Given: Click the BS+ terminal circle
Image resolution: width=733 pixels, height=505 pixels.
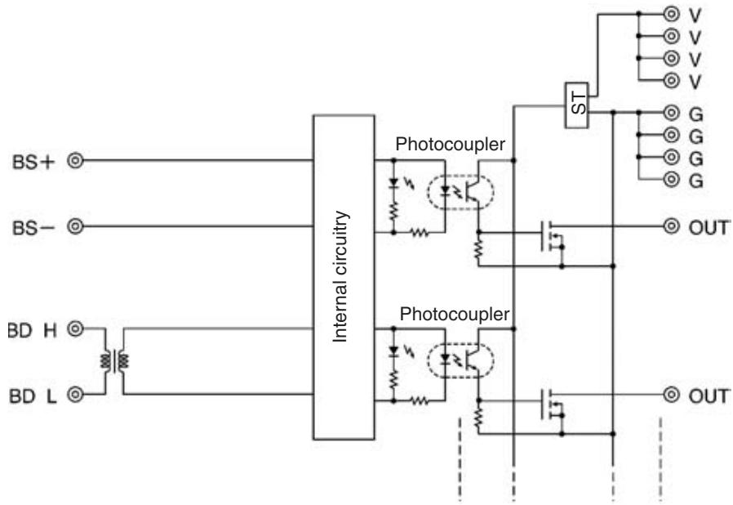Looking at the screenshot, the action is tap(75, 160).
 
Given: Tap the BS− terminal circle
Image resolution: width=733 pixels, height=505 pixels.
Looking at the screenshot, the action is tap(75, 226).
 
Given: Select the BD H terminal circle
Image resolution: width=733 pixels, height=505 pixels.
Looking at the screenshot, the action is tap(75, 329).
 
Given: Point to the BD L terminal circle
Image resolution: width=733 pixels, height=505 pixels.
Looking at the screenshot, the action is tap(75, 395).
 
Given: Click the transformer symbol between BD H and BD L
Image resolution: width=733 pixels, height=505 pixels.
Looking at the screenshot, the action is tap(114, 361).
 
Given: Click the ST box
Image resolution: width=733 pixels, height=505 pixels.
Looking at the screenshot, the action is tap(577, 105).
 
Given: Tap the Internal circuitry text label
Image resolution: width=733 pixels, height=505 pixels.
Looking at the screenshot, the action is tap(340, 276).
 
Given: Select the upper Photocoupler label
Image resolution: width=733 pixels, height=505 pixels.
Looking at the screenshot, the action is tap(451, 144).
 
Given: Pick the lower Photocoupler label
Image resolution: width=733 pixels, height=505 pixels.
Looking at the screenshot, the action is tap(455, 314).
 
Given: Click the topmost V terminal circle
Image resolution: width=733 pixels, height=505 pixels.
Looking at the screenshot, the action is tap(671, 14).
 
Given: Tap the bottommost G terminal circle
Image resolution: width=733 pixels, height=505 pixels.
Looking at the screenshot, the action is tap(671, 179).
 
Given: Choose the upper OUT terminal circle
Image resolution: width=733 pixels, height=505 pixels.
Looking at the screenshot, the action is tap(671, 226).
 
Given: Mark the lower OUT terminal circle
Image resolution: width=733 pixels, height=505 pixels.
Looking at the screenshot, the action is tap(671, 395).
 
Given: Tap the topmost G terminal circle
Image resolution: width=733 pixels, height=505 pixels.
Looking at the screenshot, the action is tap(671, 112).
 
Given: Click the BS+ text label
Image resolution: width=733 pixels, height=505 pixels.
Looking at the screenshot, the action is tap(33, 162).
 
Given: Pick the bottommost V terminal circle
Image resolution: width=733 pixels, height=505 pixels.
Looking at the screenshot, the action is tap(671, 81).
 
